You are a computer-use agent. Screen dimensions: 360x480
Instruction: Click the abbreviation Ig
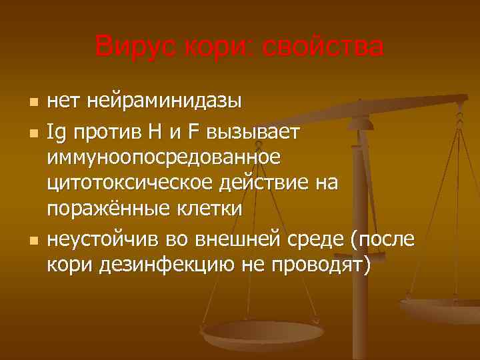[56, 133]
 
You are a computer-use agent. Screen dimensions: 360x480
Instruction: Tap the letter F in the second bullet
[193, 133]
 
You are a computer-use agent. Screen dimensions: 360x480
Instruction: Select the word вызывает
[257, 133]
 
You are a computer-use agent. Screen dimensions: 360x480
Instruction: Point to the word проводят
[319, 265]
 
